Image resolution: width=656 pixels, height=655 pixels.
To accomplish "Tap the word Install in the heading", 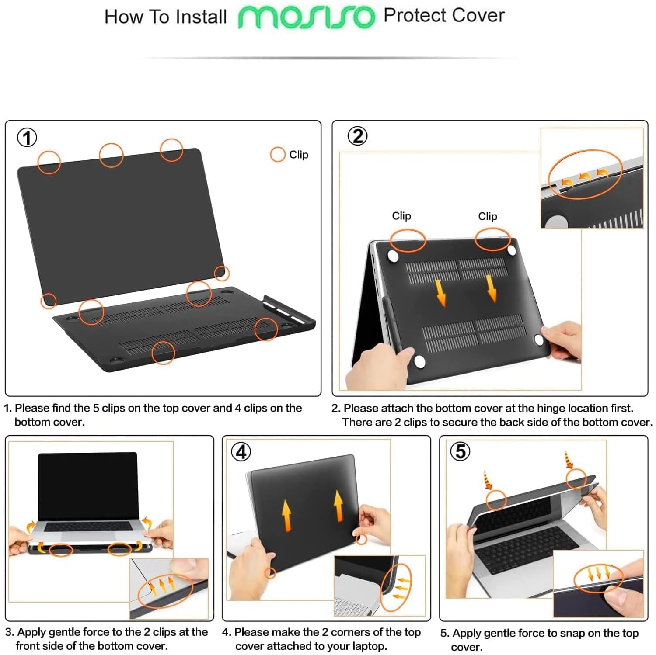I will pos(201,17).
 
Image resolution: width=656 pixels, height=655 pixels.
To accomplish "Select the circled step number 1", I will pos(27,138).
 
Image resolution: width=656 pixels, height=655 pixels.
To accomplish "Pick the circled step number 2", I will pos(357,136).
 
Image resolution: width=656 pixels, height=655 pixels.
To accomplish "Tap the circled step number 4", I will pos(241,452).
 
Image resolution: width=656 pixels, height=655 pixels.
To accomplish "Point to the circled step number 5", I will pos(460,451).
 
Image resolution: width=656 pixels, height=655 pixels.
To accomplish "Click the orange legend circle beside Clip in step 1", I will pos(278,154).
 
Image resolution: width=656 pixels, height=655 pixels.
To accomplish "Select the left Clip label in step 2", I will pos(401,216).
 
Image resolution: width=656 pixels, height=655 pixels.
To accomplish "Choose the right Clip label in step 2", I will pos(487,216).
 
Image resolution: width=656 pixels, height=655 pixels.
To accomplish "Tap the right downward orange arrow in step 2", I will pos(492,288).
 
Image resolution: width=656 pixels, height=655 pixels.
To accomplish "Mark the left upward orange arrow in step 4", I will pos(286,516).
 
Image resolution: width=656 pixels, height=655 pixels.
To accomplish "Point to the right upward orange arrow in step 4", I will pos(338,506).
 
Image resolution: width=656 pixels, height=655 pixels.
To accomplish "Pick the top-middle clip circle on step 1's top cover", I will pos(111,155).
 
